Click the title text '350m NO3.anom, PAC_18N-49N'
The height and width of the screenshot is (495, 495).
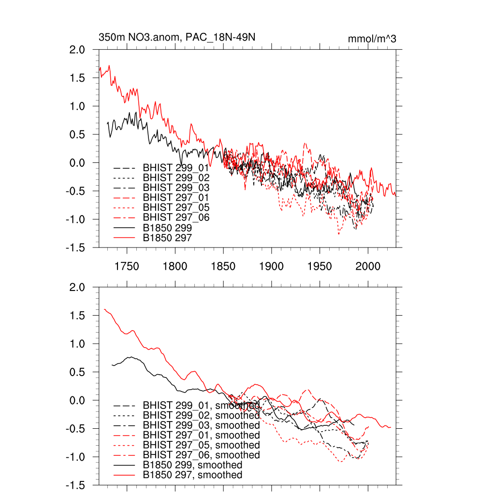[x=177, y=37]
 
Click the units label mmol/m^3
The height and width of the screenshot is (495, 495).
[x=372, y=39]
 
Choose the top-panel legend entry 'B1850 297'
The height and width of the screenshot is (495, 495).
[x=167, y=237]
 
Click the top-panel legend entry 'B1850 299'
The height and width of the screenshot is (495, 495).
[x=167, y=227]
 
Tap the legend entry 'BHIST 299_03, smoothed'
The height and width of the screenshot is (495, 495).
[x=201, y=425]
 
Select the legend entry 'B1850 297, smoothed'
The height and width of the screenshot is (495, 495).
[x=192, y=475]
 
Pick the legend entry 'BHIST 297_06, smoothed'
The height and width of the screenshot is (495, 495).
[x=201, y=455]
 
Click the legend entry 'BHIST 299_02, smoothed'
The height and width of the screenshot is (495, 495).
[x=201, y=415]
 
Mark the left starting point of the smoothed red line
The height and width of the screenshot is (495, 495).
[x=104, y=309]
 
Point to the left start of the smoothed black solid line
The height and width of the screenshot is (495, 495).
[x=112, y=365]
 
